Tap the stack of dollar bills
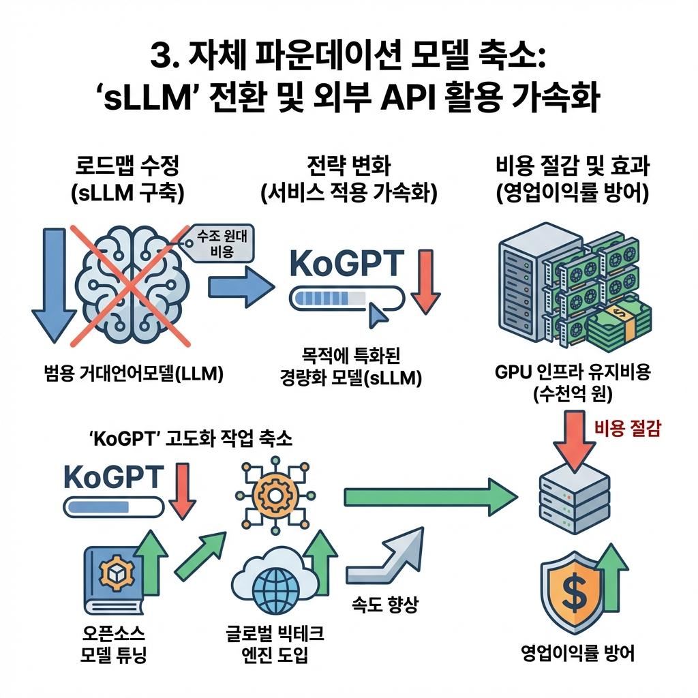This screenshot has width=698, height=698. tap(617, 324)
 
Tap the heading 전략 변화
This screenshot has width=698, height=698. tap(348, 165)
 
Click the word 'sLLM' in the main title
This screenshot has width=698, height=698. tap(140, 100)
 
